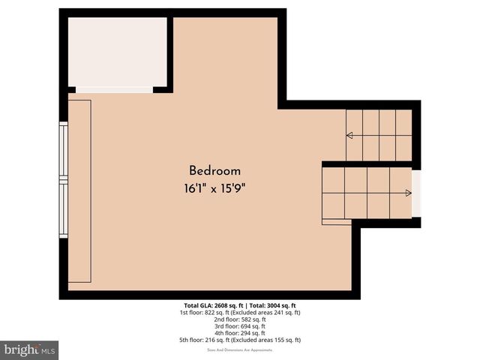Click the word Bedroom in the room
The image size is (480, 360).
pyautogui.click(x=214, y=170)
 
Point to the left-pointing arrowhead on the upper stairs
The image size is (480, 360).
pyautogui.click(x=349, y=136)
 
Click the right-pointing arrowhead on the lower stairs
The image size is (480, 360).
pyautogui.click(x=408, y=193)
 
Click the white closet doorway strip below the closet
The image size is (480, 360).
pyautogui.click(x=114, y=90)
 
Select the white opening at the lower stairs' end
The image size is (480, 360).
pyautogui.click(x=417, y=193)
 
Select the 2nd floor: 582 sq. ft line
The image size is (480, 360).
pyautogui.click(x=240, y=319)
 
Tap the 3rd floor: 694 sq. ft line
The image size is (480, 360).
pyautogui.click(x=240, y=326)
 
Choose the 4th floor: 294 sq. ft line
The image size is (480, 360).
pyautogui.click(x=240, y=333)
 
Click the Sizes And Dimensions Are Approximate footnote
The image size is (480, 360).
pyautogui.click(x=240, y=349)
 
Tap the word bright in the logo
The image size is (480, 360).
pyautogui.click(x=21, y=349)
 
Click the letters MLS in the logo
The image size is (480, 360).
pyautogui.click(x=47, y=350)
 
